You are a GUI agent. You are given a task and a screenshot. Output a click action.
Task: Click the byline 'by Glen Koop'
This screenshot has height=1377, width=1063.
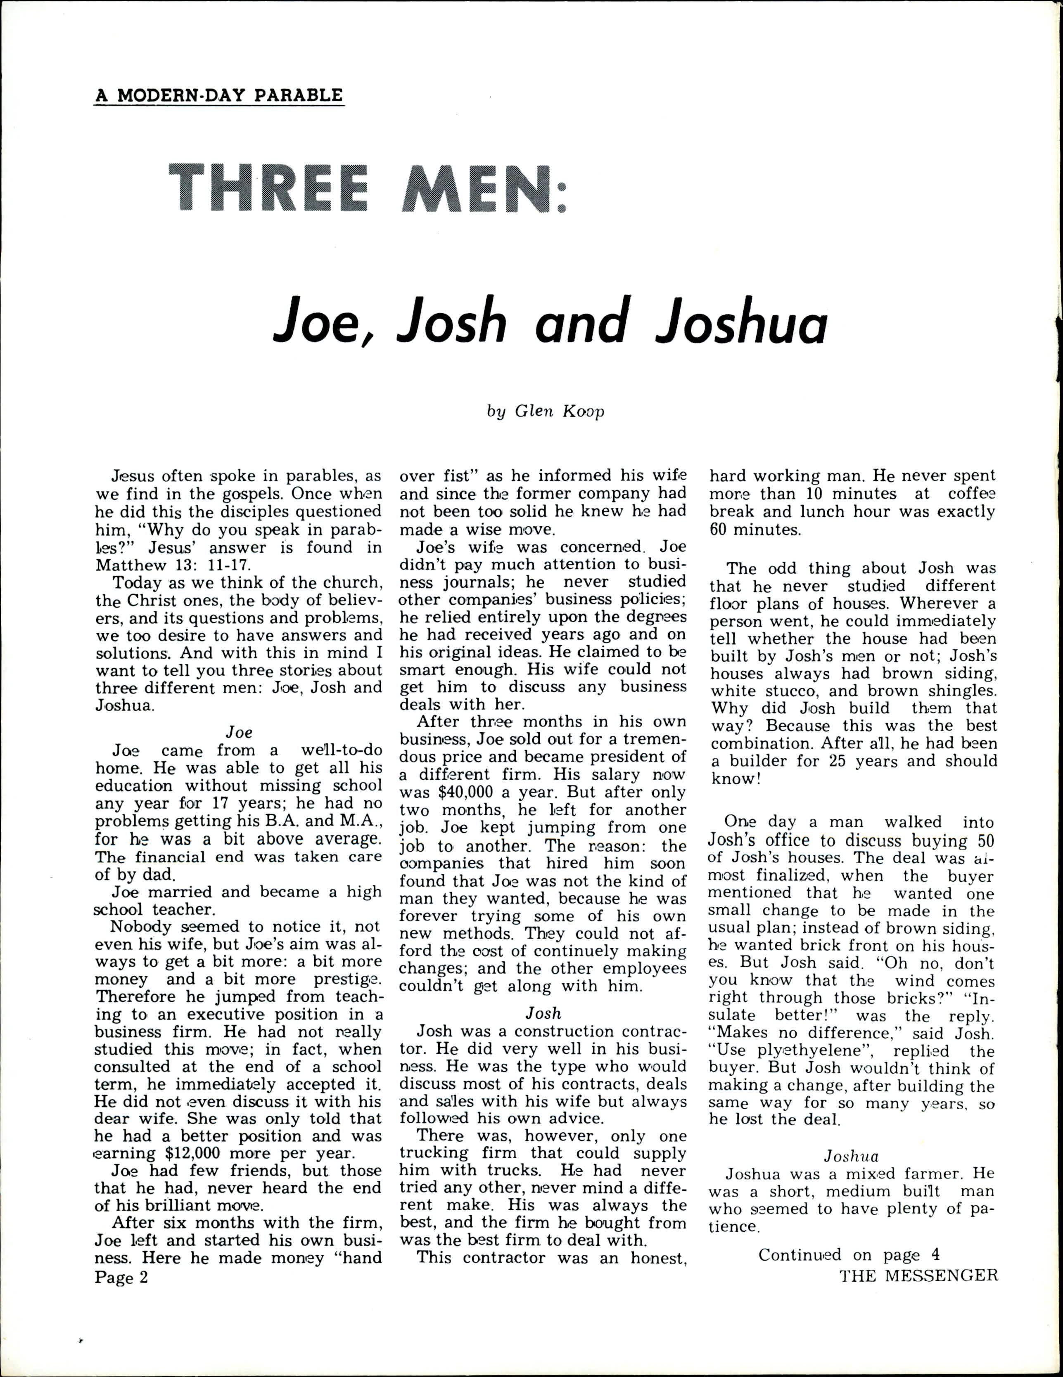point(545,411)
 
